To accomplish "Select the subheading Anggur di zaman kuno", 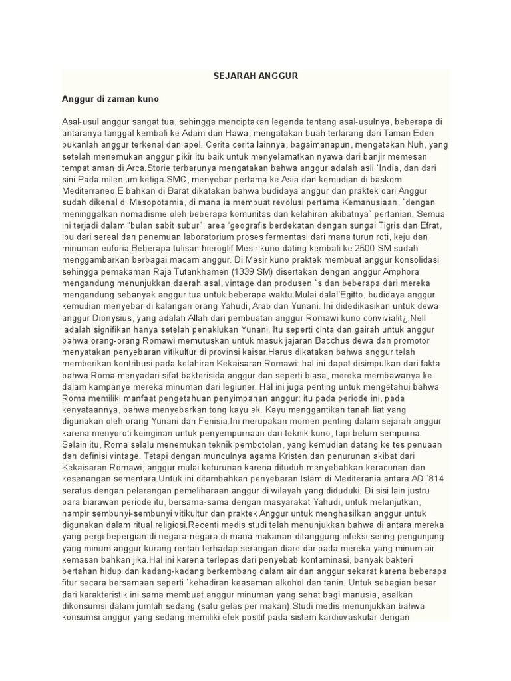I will [110, 98].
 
